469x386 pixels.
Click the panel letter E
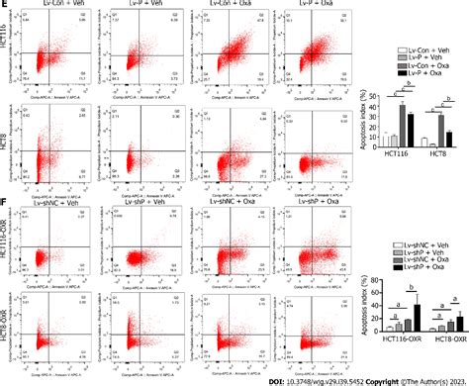coord(5,5)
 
